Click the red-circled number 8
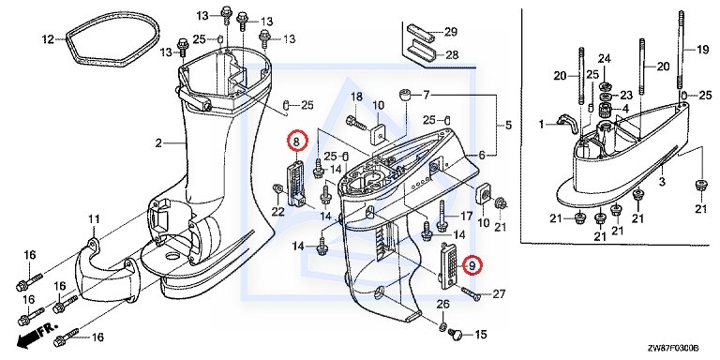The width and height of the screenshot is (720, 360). tap(296, 142)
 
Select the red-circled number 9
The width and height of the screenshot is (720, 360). tap(472, 264)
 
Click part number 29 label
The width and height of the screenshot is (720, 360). tap(450, 32)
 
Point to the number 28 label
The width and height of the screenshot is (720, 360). tap(452, 55)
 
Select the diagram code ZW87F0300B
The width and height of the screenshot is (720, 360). tap(673, 348)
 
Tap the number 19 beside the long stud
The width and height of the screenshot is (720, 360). tap(702, 50)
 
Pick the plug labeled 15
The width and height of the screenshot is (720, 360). tap(456, 334)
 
